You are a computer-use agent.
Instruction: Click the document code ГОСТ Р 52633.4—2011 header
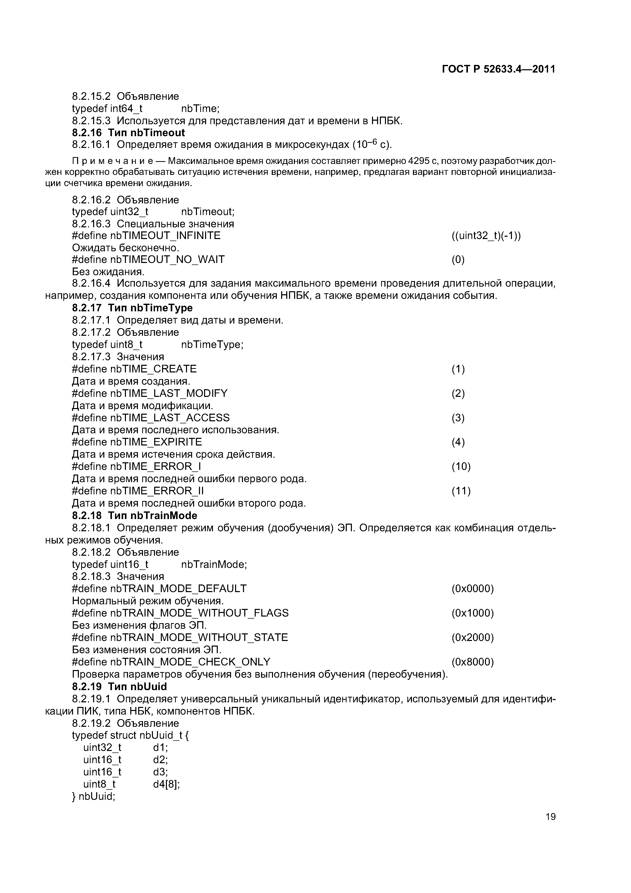click(x=499, y=69)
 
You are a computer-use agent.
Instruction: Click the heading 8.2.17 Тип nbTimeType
click(x=132, y=308)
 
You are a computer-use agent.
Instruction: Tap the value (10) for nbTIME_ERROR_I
click(x=461, y=466)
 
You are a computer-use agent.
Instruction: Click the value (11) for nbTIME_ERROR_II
click(x=461, y=491)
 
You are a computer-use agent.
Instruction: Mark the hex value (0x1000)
click(x=472, y=613)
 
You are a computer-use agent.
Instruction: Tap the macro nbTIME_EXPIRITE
click(x=156, y=442)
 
